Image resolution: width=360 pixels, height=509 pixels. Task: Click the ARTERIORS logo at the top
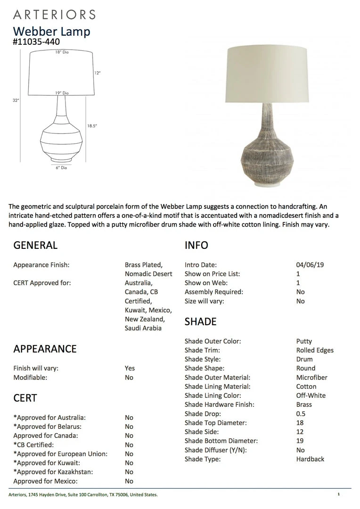54,14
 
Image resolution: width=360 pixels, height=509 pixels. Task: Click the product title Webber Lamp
51,32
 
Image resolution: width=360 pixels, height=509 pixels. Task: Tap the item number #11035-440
36,41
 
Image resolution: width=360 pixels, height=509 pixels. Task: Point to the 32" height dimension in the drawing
16,100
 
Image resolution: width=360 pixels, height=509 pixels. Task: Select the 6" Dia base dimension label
61,167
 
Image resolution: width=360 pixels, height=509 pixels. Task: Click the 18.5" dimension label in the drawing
92,126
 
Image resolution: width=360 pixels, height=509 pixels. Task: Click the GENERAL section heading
35,245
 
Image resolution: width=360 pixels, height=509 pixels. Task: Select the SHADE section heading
201,321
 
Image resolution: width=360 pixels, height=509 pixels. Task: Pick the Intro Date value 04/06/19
310,265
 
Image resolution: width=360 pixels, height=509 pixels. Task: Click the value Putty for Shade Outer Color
304,341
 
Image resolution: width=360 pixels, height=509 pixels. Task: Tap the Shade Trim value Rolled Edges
315,350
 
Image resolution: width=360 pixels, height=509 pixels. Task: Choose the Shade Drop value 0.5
301,414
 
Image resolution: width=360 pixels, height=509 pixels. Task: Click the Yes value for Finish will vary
130,368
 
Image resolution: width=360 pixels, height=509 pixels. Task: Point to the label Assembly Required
214,292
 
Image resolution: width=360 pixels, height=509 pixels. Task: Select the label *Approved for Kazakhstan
53,472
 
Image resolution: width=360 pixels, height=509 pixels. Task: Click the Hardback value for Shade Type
310,459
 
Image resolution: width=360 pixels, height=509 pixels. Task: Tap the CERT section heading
25,398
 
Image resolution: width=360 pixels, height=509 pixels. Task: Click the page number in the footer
338,494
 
